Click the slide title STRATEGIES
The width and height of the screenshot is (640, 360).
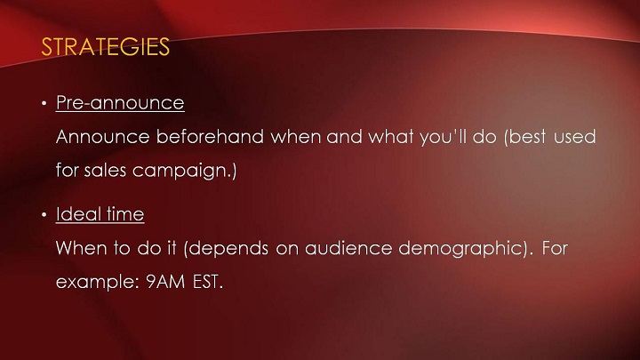(x=105, y=46)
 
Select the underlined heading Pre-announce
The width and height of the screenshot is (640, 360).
(x=120, y=102)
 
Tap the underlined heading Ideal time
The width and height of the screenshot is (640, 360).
(x=100, y=214)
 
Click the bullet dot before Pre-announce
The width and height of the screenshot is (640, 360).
(x=44, y=104)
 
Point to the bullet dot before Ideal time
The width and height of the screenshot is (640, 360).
(x=44, y=215)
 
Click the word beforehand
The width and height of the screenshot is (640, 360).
(x=210, y=136)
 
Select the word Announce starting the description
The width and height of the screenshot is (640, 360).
(x=103, y=136)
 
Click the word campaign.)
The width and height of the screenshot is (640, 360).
(x=185, y=171)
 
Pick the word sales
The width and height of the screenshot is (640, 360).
(x=105, y=170)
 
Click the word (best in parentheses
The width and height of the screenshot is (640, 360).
(x=525, y=137)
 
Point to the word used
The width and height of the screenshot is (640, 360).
(x=575, y=136)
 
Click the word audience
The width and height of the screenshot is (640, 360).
(x=348, y=248)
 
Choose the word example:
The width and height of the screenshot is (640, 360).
(x=98, y=282)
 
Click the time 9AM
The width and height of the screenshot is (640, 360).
(x=165, y=282)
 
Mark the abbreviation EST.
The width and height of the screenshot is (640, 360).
(x=207, y=282)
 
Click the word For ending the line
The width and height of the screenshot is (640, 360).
(x=555, y=248)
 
